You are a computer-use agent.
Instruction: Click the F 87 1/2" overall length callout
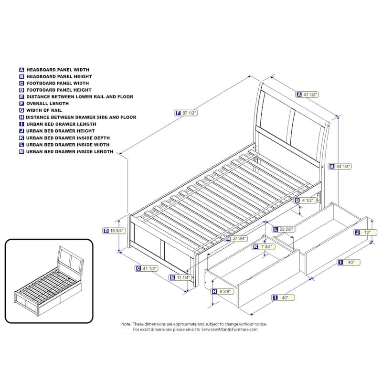[x=186, y=113]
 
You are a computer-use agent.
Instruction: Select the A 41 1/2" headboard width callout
[x=307, y=95]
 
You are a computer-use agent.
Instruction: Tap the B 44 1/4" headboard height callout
[x=340, y=166]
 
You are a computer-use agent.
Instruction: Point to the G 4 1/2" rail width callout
[x=305, y=201]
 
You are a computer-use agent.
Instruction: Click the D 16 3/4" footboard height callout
[x=114, y=231]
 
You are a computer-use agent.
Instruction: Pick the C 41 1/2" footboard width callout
[x=147, y=268]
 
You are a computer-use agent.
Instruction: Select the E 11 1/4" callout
[x=180, y=277]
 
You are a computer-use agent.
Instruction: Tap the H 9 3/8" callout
[x=223, y=291]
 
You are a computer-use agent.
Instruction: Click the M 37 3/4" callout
[x=236, y=238]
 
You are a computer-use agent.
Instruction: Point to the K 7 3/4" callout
[x=264, y=247]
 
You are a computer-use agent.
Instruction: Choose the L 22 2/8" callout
[x=284, y=229]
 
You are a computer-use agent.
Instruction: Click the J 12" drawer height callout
[x=365, y=233]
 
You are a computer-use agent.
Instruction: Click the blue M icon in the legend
[x=21, y=151]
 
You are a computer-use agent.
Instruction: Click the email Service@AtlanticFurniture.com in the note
[x=229, y=329]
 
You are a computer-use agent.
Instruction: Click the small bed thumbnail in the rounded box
[x=49, y=281]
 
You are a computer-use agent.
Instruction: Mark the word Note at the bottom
[x=126, y=324]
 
